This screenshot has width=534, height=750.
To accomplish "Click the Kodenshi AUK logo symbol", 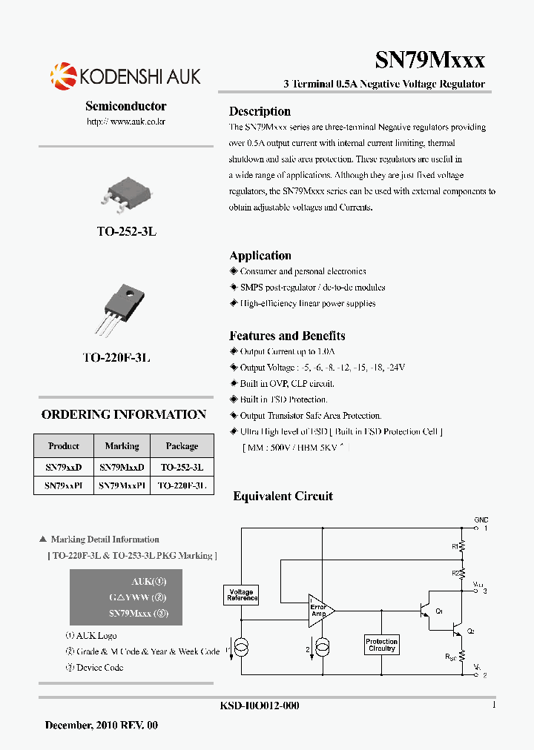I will coord(63,76).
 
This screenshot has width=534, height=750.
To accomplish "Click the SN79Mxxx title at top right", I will coord(430,59).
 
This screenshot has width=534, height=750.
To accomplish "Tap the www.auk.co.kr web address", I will coord(126,121).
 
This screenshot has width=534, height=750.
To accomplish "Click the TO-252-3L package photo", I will coord(126,192).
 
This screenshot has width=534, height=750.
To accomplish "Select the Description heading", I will coord(260,111).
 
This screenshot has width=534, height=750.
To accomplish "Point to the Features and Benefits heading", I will coord(287,336).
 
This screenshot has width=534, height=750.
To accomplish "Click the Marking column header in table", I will coord(122,446).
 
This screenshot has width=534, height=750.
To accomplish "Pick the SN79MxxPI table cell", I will coord(122,486).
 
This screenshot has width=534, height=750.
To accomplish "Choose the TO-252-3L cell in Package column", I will coord(182,468).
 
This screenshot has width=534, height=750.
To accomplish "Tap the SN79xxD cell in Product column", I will coord(64,468).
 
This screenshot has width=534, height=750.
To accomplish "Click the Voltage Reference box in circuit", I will coord(241,594).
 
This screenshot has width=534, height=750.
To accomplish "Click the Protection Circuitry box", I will coord(382,645).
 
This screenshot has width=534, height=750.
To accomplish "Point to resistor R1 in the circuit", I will coord(461,547).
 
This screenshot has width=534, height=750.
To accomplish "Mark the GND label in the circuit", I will coord(481,520).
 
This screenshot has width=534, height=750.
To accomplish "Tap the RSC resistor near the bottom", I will coord(461,657).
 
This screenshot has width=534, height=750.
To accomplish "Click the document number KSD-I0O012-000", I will coord(260,706).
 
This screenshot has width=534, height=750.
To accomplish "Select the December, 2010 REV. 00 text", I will coord(102,726).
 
